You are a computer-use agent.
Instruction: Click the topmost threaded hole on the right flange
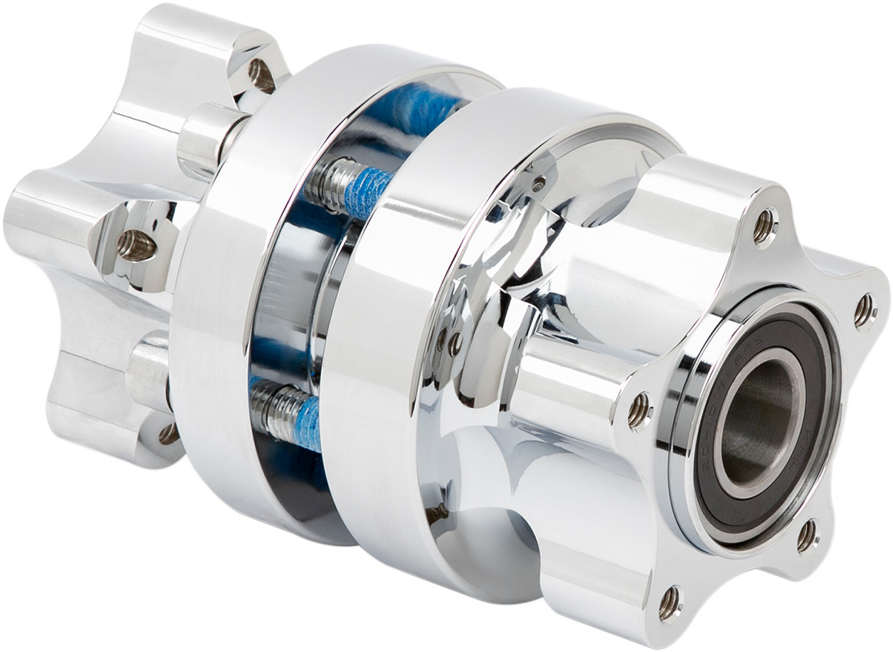coord(763,227)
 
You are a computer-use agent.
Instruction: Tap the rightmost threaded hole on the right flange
coord(864,310)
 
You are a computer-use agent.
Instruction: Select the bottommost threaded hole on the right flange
coord(670,603)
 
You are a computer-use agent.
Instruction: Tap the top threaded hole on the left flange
coord(261,74)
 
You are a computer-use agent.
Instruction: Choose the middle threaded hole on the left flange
coord(136,245)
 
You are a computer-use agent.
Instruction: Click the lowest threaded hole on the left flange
coord(168,434)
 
